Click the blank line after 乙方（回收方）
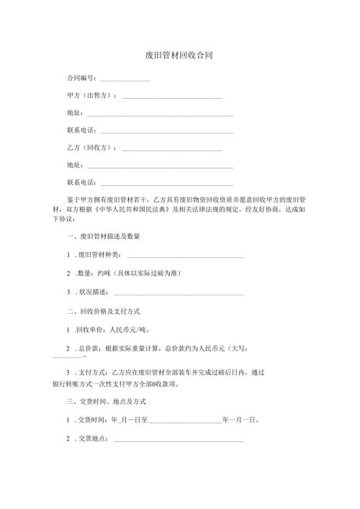(x=172, y=149)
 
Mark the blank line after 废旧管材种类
(x=185, y=256)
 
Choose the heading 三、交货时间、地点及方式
(x=107, y=400)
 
